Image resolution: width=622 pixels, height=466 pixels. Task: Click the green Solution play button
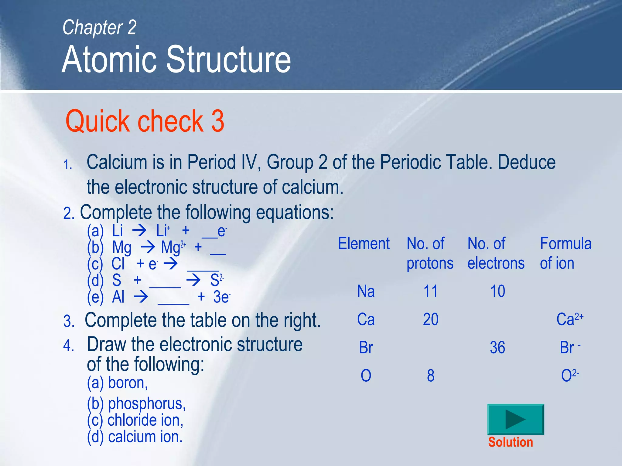click(515, 419)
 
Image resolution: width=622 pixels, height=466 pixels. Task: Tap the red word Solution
click(511, 442)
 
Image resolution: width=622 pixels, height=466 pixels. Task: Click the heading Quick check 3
click(145, 121)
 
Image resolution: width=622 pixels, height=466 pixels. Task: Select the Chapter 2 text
click(99, 27)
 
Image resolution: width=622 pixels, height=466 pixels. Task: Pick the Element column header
click(364, 244)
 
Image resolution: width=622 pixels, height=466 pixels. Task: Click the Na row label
click(366, 291)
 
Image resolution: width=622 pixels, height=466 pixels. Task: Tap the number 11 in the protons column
click(430, 291)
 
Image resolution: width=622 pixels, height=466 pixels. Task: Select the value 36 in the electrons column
click(497, 348)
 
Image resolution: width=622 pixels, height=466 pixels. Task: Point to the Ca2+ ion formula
click(570, 319)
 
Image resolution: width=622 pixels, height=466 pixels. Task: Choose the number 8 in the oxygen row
click(430, 376)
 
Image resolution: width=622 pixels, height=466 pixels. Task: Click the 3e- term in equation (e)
click(222, 297)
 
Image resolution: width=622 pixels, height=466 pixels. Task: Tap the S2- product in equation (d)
click(217, 280)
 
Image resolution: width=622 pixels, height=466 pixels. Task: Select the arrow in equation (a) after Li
click(139, 231)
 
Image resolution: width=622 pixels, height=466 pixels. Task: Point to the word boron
click(128, 383)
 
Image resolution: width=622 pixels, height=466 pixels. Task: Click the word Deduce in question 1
click(526, 162)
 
